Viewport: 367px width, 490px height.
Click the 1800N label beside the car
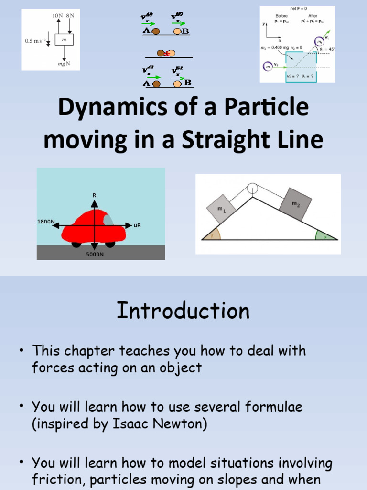46,222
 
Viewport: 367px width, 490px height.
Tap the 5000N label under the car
95,255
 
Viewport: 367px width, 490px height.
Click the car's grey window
109,220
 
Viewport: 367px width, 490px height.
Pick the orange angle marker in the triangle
212,234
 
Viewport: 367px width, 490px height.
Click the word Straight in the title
222,140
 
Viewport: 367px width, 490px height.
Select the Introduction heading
183,311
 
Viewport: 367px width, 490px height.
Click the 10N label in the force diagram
58,15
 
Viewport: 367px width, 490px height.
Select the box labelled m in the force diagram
64,40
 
